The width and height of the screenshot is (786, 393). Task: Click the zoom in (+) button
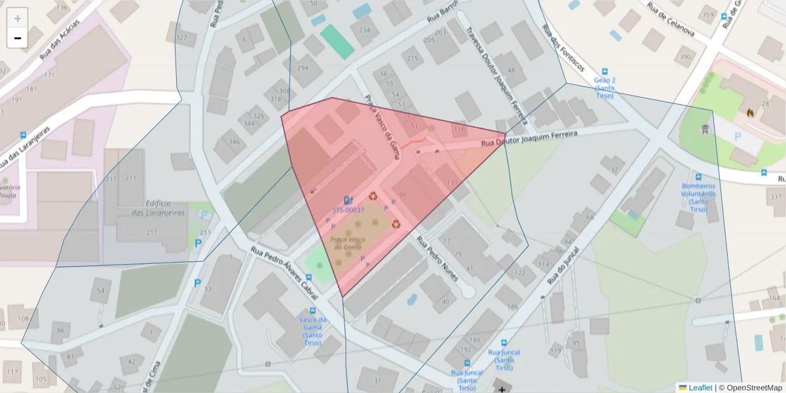pos(18,18)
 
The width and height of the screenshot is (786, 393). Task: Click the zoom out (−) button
pos(18,38)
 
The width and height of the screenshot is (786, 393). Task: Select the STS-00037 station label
pos(348,210)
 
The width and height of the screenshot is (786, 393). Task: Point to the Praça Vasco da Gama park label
pos(346,243)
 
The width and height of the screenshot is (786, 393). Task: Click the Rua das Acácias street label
pos(60,39)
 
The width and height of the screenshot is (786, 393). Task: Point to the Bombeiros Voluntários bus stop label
pos(698,197)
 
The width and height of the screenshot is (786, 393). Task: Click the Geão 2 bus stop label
pos(604,88)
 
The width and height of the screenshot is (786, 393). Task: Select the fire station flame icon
pos(750,112)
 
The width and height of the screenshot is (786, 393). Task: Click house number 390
pos(686,57)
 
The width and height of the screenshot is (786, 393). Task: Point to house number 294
pos(303,67)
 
